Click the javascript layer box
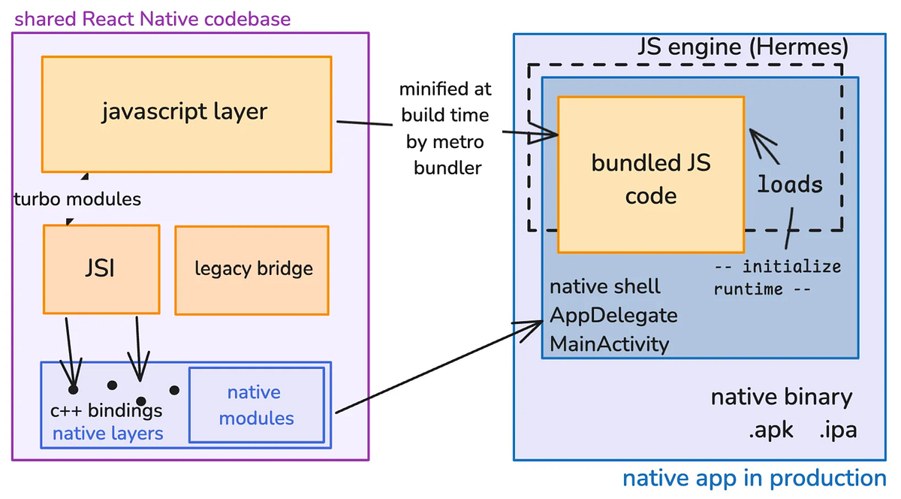185,113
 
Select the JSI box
101,268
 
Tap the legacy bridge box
252,269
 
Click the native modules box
256,405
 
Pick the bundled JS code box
650,179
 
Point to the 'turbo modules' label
77,199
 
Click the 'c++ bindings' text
106,411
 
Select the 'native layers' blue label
107,433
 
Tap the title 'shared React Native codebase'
152,18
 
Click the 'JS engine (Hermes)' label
743,48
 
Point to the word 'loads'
789,184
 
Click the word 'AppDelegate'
613,315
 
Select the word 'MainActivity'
610,344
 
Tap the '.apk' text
771,431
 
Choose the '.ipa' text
837,431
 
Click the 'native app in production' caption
754,479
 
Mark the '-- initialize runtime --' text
777,278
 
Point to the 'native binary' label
781,398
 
